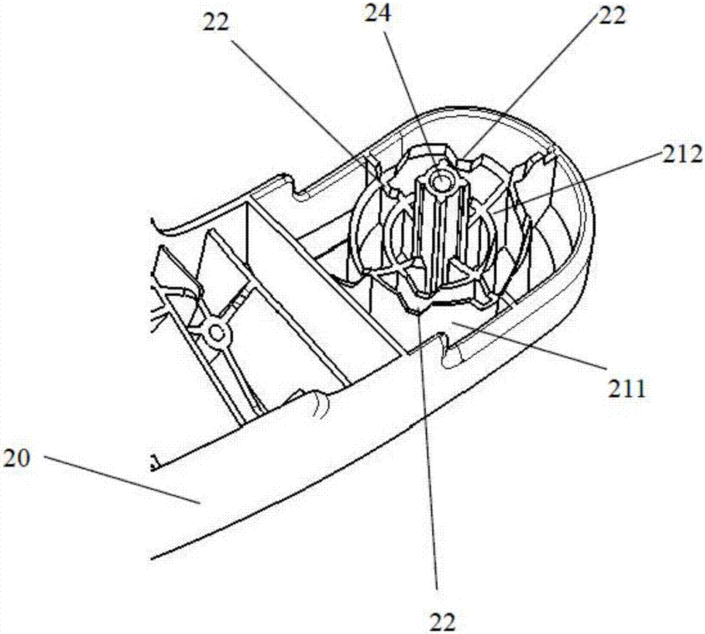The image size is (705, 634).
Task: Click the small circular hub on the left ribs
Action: pos(218,330)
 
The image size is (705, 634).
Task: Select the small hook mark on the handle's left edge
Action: pos(153,463)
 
